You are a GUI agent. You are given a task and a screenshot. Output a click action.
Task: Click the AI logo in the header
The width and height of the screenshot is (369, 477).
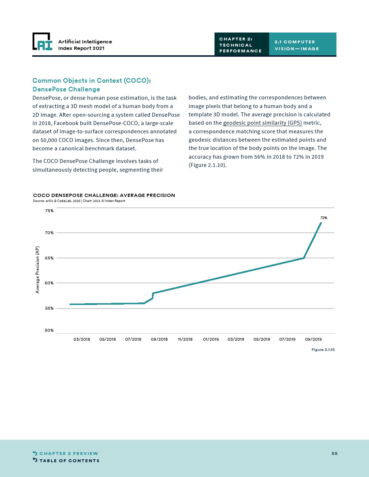click(43, 42)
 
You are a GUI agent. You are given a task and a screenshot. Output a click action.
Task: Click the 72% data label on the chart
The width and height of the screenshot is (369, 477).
click(324, 218)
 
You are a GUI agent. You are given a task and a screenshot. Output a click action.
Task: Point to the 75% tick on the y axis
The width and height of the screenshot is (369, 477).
click(49, 211)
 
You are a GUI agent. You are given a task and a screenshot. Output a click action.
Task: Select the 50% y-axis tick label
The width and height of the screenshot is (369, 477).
click(49, 330)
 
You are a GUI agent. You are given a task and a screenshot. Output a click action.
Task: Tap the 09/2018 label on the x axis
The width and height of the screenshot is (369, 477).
click(159, 339)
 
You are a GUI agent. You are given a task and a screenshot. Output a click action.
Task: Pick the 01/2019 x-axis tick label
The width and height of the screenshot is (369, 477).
click(211, 339)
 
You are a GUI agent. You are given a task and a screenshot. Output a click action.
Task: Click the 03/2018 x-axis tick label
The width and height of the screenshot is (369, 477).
click(82, 339)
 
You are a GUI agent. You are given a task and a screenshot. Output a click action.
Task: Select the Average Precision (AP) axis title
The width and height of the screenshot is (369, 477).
click(37, 270)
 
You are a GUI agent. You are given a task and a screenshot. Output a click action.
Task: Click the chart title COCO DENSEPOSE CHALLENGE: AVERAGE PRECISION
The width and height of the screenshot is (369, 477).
click(104, 195)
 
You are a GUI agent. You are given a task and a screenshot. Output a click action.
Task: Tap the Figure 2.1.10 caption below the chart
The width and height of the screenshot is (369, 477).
click(323, 350)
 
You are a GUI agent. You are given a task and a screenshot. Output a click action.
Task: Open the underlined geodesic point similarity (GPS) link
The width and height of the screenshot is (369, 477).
click(262, 123)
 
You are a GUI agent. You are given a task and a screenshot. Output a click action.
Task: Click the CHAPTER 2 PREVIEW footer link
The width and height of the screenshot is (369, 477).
click(69, 454)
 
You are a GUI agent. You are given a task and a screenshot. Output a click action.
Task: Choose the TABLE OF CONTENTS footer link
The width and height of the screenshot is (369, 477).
click(69, 461)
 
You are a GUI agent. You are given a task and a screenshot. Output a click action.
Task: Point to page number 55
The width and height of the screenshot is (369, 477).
click(335, 454)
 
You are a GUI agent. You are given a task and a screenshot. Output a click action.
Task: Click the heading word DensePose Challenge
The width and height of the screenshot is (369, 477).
click(66, 89)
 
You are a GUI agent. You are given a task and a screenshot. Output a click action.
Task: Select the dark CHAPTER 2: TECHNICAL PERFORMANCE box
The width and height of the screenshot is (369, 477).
click(241, 45)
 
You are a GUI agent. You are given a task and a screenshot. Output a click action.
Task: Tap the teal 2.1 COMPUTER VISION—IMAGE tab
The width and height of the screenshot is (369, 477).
click(302, 45)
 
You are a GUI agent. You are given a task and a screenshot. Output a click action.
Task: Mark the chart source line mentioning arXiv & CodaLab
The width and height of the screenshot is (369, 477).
click(79, 201)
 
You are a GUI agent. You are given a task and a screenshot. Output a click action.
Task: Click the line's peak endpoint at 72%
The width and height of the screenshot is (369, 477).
click(321, 223)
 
